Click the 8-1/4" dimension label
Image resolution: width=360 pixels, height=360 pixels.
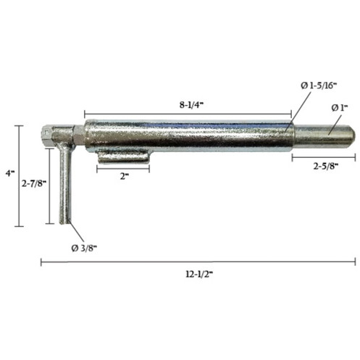(x=191, y=104)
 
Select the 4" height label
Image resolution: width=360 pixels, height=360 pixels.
(x=9, y=174)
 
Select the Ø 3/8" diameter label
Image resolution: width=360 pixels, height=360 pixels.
(x=85, y=248)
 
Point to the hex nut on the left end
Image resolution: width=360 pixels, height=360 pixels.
(x=49, y=133)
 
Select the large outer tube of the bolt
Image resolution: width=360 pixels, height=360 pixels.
(x=188, y=135)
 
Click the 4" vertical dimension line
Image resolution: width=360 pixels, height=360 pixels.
(x=20, y=175)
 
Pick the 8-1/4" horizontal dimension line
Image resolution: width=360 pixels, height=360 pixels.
(x=188, y=114)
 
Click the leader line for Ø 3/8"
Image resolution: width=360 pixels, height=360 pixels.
(x=75, y=233)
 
